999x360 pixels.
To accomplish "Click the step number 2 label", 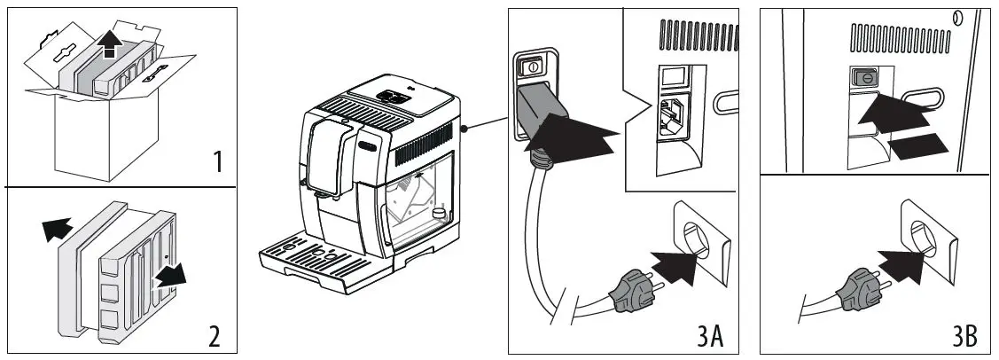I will click(x=214, y=336).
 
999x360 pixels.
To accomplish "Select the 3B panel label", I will click(x=964, y=337).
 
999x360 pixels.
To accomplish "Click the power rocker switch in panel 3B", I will click(x=861, y=78).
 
